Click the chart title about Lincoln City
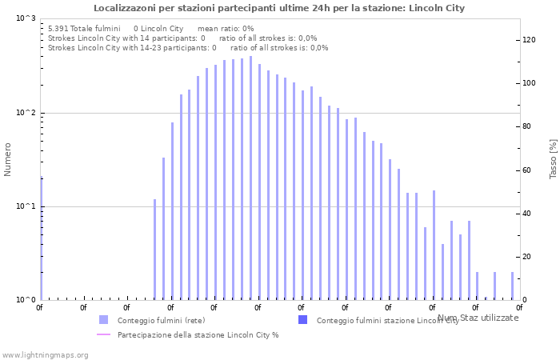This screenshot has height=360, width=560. point(279,8)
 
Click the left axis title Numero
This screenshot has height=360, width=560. point(8,159)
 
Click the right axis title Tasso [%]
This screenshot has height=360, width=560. point(553,158)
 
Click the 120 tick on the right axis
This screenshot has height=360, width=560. point(529,40)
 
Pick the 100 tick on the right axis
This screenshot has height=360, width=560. point(529,83)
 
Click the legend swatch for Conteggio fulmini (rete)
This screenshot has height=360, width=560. point(103,320)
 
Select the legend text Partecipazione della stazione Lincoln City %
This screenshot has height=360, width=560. point(198,334)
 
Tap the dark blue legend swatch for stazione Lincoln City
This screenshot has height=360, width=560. point(302,320)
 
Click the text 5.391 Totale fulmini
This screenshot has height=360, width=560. point(84,28)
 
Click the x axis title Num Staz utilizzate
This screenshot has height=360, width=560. point(478,318)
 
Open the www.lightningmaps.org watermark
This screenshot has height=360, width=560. point(45,354)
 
